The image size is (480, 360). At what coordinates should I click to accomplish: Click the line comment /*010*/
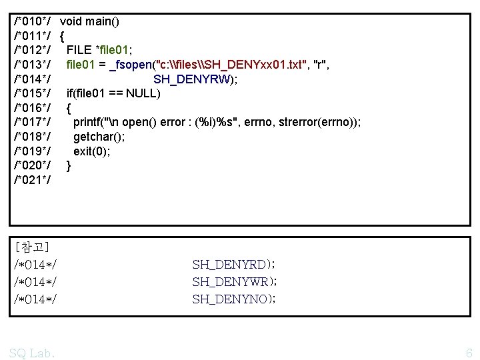[x=33, y=21]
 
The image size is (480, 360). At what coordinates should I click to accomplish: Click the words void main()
[x=89, y=21]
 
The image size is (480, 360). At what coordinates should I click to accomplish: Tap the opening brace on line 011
[x=62, y=35]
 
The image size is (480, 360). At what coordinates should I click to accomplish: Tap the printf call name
[x=88, y=122]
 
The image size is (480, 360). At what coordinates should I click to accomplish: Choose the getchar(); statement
[x=99, y=137]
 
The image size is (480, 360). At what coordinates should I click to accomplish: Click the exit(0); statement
[x=92, y=151]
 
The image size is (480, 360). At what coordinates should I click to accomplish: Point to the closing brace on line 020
[x=69, y=165]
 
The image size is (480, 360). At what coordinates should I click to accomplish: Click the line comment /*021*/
[x=33, y=180]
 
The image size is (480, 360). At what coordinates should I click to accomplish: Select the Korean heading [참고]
[x=31, y=247]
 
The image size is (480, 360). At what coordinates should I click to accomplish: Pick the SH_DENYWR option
[x=230, y=281]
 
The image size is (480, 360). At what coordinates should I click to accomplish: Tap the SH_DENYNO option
[x=229, y=299]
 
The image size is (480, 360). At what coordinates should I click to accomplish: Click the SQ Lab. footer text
[x=32, y=353]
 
